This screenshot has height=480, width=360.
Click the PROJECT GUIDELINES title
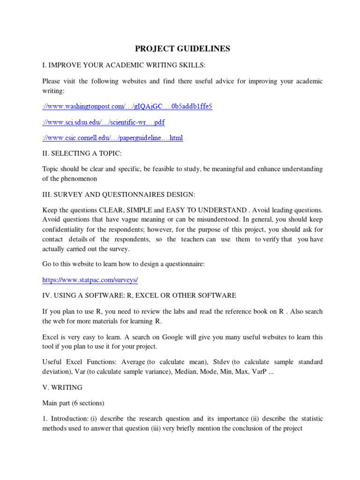(182, 49)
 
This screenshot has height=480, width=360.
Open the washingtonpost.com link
(127, 106)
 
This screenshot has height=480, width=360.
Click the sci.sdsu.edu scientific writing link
(103, 122)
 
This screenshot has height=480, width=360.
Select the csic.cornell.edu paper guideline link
(112, 138)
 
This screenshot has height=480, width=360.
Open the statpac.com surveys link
(90, 280)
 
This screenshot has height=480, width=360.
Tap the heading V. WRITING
(62, 387)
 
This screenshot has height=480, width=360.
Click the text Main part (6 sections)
(73, 403)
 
